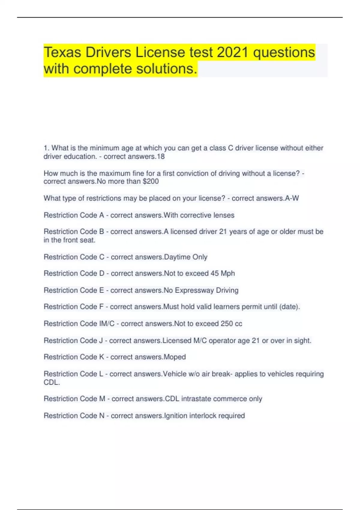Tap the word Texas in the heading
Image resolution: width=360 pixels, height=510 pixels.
(x=62, y=52)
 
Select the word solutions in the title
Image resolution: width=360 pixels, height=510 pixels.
(x=167, y=69)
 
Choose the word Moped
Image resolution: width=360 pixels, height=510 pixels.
(x=175, y=357)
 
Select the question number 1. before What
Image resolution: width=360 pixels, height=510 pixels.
(x=46, y=148)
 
